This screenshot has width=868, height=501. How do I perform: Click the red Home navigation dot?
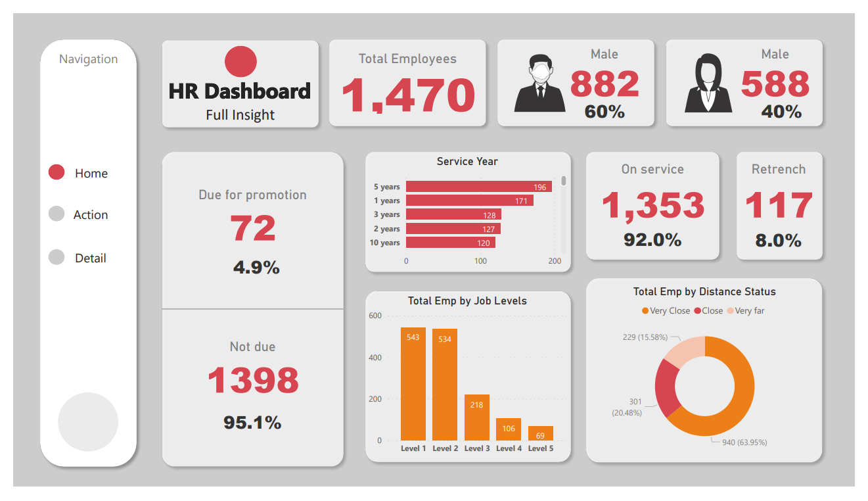57,172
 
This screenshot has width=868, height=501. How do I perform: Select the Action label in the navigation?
91,215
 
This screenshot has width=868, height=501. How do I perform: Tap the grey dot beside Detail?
57,257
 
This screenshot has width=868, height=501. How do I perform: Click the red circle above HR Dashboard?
240,62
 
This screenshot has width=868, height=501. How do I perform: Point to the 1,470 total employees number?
408,95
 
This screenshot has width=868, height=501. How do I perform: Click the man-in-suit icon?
539,83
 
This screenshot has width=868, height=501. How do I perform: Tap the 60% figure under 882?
605,112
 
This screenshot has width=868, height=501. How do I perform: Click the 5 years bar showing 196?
478,187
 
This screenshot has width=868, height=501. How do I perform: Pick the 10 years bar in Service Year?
450,243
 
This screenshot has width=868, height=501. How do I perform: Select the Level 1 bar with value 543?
413,384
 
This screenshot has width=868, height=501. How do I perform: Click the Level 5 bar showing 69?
540,433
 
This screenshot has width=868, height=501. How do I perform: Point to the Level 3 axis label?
477,448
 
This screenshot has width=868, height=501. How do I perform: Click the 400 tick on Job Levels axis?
375,358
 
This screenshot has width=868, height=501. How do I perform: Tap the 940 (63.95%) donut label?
744,442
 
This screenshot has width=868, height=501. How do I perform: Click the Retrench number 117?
779,206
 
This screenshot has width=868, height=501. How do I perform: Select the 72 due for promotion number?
253,229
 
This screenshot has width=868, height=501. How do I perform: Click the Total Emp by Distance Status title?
704,291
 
